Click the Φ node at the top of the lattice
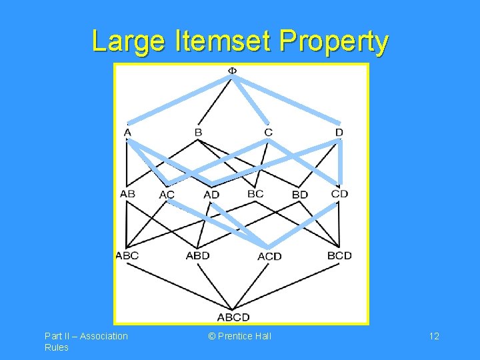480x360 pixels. pos(232,71)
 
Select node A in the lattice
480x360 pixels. pos(127,133)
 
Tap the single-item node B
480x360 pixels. pos(198,133)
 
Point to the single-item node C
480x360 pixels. pos(268,133)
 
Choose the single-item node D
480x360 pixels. pos(339,133)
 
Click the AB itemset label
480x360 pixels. pos(127,194)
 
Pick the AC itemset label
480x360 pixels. pos(167,195)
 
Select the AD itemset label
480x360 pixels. pos(211,195)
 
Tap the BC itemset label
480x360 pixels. pos(255,194)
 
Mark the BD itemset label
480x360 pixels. pos(300,195)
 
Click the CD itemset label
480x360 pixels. pos(339,194)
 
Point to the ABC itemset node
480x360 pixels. pos(127,255)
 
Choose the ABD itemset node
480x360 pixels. pos(197,255)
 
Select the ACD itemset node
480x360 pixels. pos(269,256)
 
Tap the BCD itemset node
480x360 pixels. pos(339,255)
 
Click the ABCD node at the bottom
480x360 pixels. pos(233,317)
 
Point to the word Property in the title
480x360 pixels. pos(334,41)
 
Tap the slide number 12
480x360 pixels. pos(434,336)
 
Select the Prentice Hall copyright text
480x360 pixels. pos(240,336)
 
